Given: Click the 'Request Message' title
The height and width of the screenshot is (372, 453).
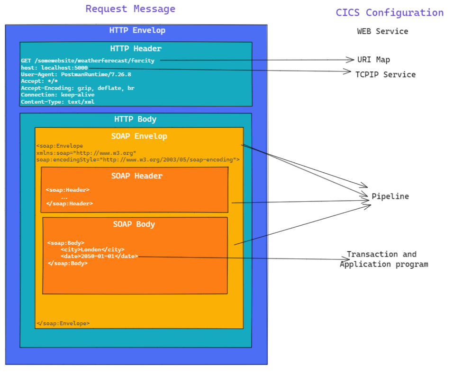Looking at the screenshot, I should point(130,9).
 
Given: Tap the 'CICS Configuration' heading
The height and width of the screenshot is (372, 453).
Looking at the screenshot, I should point(390,13).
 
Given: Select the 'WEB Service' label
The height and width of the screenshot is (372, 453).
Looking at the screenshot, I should point(382,31).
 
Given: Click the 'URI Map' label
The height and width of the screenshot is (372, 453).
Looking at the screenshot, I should point(374,60).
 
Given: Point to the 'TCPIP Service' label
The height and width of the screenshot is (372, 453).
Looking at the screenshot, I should point(385,74).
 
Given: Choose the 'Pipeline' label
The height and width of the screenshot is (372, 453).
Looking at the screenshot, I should point(390,196).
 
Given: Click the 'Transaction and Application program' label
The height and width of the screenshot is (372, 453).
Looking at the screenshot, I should point(383,259).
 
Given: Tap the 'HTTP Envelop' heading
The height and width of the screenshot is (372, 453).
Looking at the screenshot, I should point(137,30).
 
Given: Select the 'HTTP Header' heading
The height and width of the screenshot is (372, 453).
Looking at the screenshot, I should point(136,48).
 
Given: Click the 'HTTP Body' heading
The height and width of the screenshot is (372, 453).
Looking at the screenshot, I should point(135,119).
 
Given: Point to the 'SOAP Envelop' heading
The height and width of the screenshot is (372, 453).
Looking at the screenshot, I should point(139,136).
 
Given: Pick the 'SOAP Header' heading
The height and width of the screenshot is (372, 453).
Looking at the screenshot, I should point(136,176).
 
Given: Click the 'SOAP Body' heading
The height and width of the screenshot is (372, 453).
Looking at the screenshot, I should point(134,224).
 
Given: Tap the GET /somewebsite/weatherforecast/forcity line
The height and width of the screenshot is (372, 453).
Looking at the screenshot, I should point(88,61).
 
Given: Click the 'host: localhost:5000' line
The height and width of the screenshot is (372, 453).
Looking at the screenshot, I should point(54,68).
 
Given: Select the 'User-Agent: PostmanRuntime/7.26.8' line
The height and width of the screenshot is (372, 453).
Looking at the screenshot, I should point(76,74).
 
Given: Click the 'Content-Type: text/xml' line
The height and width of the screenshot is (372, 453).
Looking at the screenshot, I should point(57,102).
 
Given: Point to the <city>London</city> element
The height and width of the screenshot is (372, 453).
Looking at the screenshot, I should point(92,249).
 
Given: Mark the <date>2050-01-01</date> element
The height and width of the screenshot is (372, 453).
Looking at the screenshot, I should point(99,256).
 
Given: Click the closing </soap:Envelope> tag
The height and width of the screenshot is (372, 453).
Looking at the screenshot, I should point(63,324).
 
